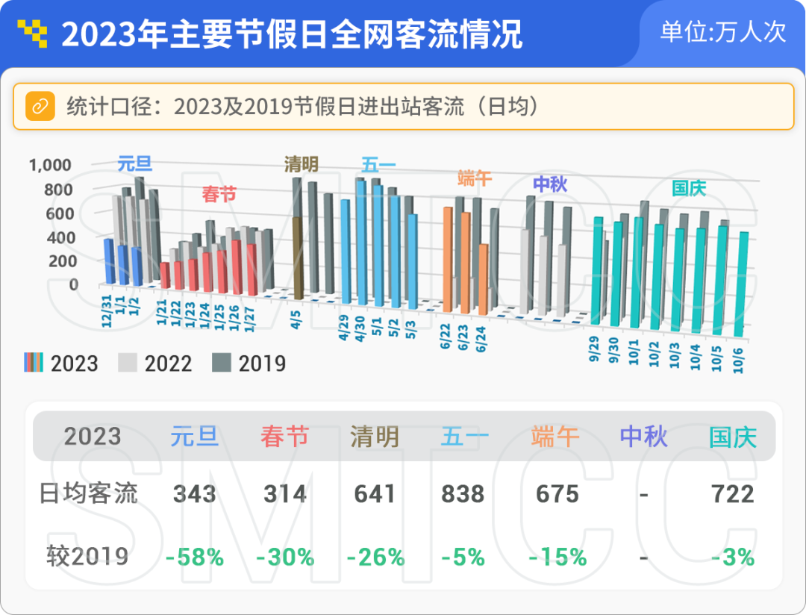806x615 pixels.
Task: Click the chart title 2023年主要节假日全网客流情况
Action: click(x=291, y=34)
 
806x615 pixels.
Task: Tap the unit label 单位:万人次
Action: click(x=722, y=32)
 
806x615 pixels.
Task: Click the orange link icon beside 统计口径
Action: click(x=40, y=106)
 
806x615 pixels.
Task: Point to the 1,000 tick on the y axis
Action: click(x=50, y=165)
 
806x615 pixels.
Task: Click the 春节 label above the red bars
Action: click(x=219, y=195)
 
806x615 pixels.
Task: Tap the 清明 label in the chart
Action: click(x=302, y=164)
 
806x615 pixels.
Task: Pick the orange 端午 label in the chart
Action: click(x=475, y=178)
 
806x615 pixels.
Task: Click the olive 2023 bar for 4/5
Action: click(x=297, y=257)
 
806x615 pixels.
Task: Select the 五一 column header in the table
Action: click(x=463, y=437)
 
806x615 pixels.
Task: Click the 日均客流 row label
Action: click(x=88, y=493)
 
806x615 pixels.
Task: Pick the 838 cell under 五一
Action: click(x=463, y=494)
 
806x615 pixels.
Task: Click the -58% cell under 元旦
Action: click(x=194, y=557)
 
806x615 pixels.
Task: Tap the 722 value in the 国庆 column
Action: click(x=732, y=494)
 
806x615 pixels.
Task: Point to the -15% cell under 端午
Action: click(x=557, y=557)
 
